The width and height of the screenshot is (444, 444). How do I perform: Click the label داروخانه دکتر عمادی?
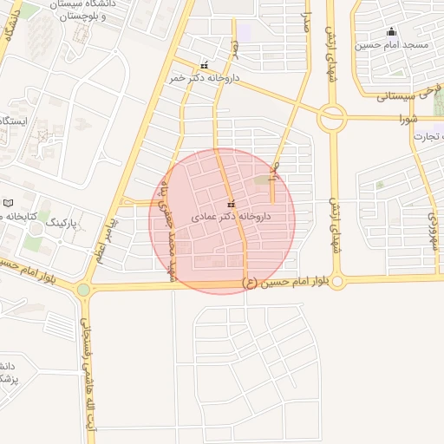[x=231, y=215]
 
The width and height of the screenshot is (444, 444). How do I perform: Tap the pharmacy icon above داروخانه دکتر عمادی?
[x=231, y=204]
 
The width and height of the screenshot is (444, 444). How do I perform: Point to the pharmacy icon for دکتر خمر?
[x=205, y=65]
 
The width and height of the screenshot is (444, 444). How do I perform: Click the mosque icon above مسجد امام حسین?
[x=392, y=30]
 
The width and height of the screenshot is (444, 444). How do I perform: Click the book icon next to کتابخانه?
[x=8, y=202]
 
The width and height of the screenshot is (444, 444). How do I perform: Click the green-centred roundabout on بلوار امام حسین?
[x=83, y=290]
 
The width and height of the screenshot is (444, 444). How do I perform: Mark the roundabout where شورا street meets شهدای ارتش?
[x=331, y=117]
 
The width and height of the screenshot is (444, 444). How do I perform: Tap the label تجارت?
[x=427, y=136]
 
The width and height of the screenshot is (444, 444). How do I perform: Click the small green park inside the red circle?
[x=262, y=180]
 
